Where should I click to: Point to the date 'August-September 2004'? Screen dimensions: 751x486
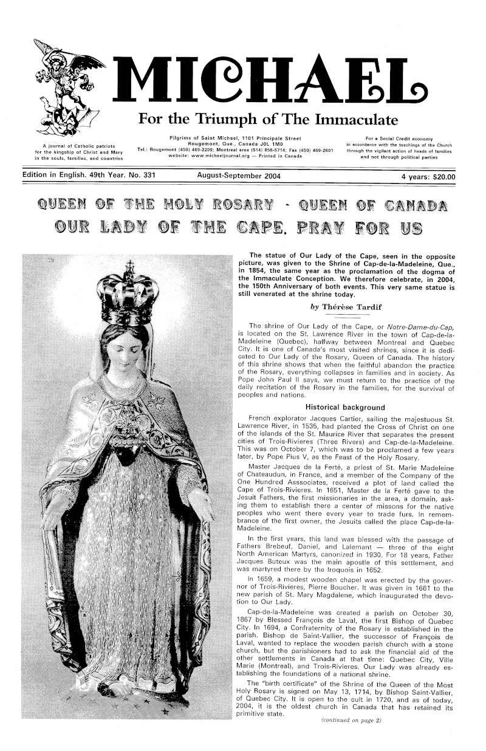[x=239, y=177]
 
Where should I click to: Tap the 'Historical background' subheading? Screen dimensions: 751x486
[x=345, y=407]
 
